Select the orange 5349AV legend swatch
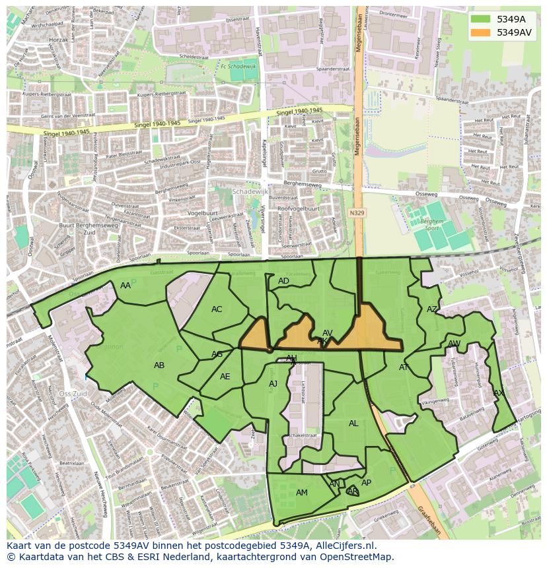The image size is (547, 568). [x=481, y=32]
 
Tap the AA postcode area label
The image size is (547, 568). [x=126, y=286]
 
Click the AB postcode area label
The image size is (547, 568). [x=159, y=365]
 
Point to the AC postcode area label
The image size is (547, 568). [x=217, y=309]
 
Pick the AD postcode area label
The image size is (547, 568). [x=283, y=281]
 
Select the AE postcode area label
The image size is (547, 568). [x=225, y=377]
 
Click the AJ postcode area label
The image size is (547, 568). [x=273, y=384]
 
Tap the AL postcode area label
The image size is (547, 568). [x=353, y=424]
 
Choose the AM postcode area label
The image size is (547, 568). [x=302, y=493]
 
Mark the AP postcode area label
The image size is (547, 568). [x=366, y=483]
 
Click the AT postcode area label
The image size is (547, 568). [x=404, y=367]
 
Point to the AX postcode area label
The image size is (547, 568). [x=499, y=393]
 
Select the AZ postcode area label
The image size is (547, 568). [x=432, y=309]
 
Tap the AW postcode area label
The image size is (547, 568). [x=454, y=344]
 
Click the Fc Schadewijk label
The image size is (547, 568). [x=238, y=67]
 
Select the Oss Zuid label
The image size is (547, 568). [x=73, y=394]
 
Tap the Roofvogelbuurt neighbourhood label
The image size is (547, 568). [x=298, y=208]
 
